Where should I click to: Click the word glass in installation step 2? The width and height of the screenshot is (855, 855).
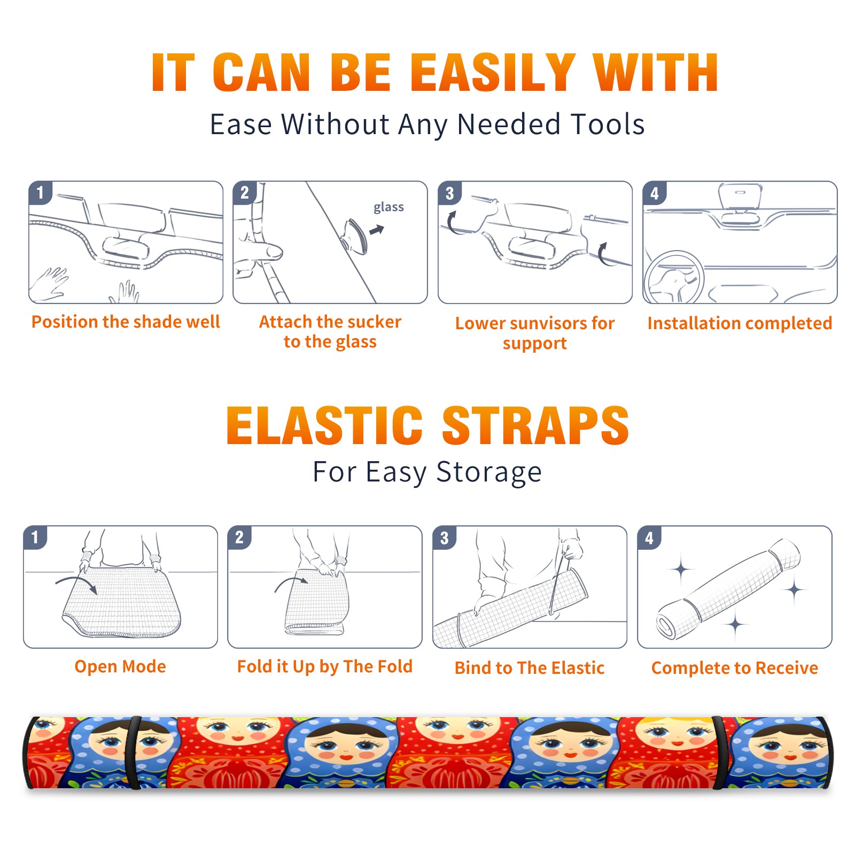388,207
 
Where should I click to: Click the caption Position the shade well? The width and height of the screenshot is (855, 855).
126,322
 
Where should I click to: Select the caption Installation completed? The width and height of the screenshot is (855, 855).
740,323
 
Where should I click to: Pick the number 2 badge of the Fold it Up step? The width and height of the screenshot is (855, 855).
239,538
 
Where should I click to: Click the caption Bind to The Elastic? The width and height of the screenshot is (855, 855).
530,668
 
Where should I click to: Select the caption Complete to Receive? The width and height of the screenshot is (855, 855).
735,668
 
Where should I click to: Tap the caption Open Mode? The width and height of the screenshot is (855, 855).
120,666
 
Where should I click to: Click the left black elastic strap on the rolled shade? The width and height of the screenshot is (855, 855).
134,752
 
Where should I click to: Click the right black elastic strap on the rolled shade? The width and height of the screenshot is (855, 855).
720,752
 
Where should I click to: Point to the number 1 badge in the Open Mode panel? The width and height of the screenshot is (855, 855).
35,538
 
